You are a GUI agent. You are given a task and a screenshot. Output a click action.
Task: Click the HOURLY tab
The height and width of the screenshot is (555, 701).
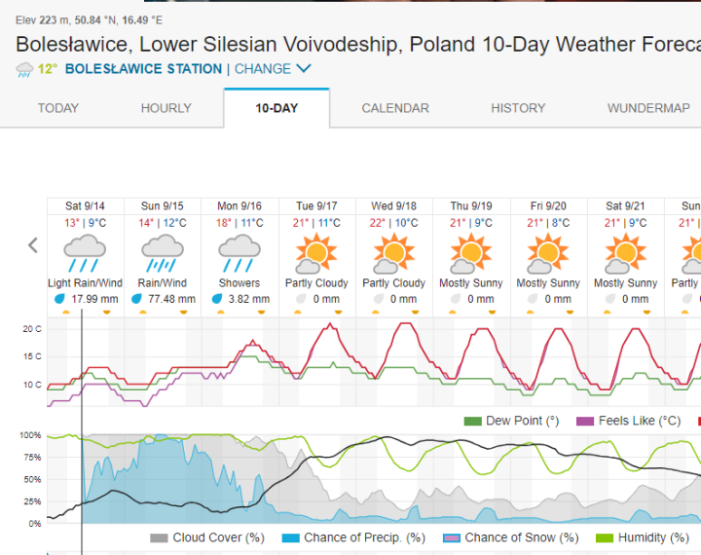click(x=166, y=108)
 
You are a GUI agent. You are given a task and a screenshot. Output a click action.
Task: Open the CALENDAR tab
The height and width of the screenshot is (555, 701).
click(x=395, y=108)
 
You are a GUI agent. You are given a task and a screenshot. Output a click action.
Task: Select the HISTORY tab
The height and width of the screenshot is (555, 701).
click(x=518, y=108)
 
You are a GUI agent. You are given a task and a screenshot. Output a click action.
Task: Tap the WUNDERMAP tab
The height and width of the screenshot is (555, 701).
click(x=648, y=108)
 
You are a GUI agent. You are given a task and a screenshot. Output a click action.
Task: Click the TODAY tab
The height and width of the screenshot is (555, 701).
click(x=58, y=108)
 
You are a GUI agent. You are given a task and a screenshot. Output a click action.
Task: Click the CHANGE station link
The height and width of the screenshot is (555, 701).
click(x=272, y=69)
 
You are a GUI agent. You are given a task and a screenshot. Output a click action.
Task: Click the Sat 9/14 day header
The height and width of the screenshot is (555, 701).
click(x=86, y=206)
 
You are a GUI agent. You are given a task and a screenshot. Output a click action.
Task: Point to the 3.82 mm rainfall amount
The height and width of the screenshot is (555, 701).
click(x=246, y=299)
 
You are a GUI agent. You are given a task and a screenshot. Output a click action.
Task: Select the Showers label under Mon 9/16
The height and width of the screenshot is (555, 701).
click(x=240, y=283)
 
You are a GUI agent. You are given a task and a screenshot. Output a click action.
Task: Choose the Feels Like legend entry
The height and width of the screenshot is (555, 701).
click(x=628, y=421)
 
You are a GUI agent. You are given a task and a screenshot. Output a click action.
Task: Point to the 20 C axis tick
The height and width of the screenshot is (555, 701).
click(x=31, y=329)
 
